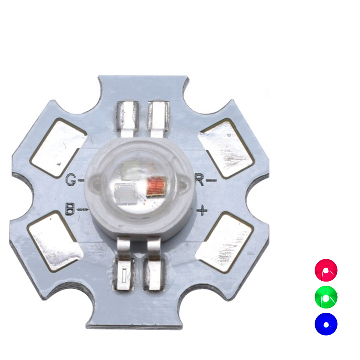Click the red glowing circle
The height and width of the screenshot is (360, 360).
coord(326,270)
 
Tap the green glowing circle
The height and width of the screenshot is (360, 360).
coord(326,297)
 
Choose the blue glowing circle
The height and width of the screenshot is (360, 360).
coord(326,324)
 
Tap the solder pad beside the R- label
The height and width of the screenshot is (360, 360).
coord(226,148)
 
